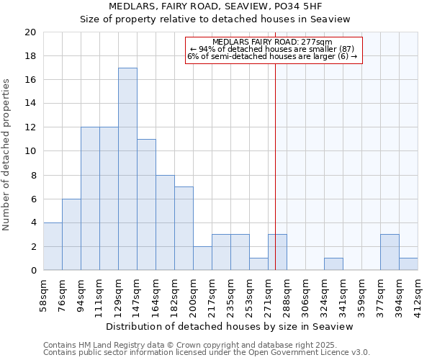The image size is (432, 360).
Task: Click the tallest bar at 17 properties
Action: tap(127, 169)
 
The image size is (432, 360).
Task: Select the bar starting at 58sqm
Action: tap(53, 246)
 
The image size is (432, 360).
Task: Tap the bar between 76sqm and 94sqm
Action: tap(71, 235)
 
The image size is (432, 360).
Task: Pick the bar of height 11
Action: tap(146, 204)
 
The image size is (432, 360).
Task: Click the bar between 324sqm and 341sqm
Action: tap(333, 264)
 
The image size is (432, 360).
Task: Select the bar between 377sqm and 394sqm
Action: tap(390, 252)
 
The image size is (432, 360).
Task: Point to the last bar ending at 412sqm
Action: tap(408, 264)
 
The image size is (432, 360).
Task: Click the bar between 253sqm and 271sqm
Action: tap(258, 264)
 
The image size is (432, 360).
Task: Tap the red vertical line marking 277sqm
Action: tap(275, 158)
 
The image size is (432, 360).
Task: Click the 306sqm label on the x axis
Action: tap(306, 294)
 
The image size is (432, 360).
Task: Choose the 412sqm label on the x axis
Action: tap(418, 294)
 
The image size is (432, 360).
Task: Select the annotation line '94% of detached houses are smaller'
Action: tap(273, 49)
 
